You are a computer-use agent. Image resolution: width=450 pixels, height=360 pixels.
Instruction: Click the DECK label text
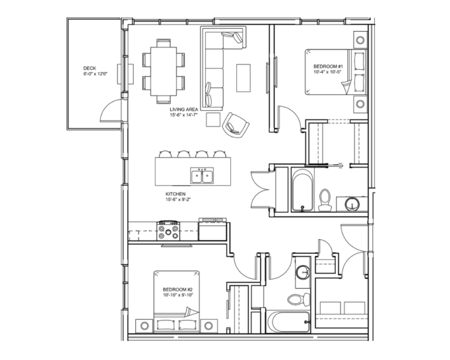tap(90, 68)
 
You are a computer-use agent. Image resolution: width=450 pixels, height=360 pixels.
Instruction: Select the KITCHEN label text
tap(176, 193)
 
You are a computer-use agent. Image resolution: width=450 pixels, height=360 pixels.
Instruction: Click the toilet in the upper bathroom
tap(325, 199)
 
